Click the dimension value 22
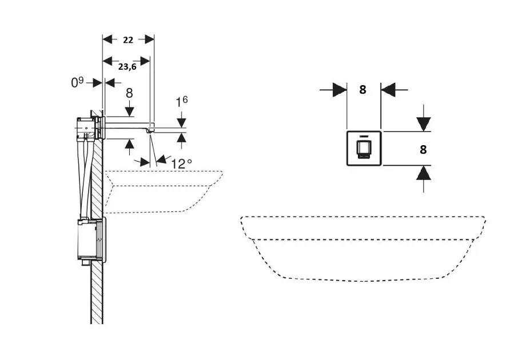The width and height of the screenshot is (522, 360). pos(128,39)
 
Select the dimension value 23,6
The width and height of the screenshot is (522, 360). pos(127,66)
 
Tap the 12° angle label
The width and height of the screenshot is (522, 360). pos(181,163)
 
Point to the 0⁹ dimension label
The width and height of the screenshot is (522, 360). pos(77,83)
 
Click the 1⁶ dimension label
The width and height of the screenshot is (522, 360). pos(181,102)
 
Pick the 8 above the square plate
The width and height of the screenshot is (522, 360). pos(362,90)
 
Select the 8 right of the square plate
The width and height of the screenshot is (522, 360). pos(423,150)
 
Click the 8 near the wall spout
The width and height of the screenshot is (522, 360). pos(129,93)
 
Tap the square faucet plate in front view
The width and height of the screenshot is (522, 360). pos(364,149)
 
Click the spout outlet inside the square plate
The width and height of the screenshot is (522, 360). pos(364,150)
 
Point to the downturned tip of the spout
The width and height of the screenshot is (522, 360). pos(150,130)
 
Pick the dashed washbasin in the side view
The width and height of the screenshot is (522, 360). pos(163,191)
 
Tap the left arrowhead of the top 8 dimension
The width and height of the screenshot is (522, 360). pos(340,90)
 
